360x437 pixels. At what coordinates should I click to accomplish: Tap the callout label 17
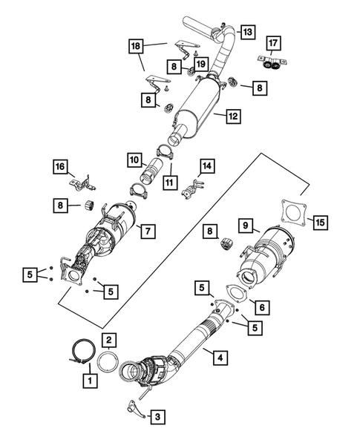pos(273,43)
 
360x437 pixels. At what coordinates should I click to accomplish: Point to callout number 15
pos(320,221)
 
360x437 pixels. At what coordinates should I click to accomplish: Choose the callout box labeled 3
pos(157,418)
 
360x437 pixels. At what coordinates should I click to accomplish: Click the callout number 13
pos(246,32)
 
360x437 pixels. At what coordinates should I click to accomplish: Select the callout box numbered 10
pos(134,159)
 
